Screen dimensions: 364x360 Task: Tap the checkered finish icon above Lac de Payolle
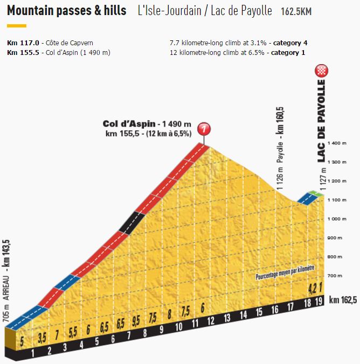tap(322, 71)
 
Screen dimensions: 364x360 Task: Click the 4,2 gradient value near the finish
tap(311, 287)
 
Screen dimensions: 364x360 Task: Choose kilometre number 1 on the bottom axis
tap(33, 354)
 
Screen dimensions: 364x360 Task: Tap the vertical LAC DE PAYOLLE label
tap(322, 121)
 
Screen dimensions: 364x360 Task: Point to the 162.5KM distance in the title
tap(296, 11)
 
